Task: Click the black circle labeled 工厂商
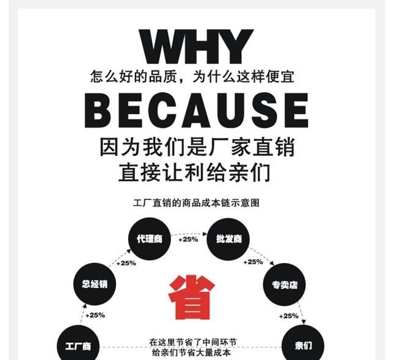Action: click(x=78, y=345)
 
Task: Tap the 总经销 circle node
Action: click(x=94, y=283)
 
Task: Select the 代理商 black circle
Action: click(x=148, y=239)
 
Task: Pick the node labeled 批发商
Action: click(x=229, y=239)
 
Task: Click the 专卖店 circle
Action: click(x=283, y=284)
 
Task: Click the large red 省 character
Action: click(x=191, y=297)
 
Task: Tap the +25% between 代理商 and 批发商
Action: click(x=188, y=239)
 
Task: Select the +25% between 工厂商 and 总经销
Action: click(x=95, y=315)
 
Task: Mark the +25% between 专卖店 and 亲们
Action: click(x=289, y=315)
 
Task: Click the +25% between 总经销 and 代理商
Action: click(x=126, y=263)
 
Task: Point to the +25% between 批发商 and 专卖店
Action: click(x=253, y=262)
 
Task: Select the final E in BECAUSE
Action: click(x=296, y=110)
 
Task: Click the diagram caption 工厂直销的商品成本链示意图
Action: click(x=196, y=203)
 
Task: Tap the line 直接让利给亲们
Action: click(x=194, y=173)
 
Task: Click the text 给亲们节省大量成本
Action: click(x=191, y=352)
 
